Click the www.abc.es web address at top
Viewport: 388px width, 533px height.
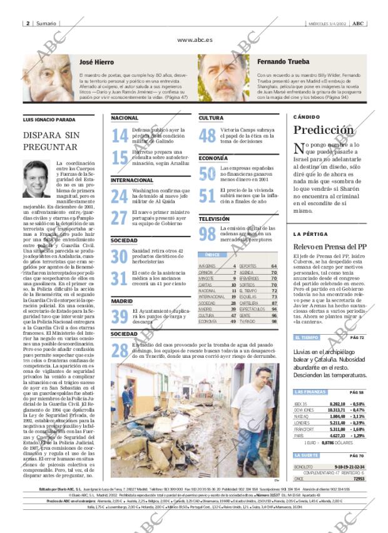(x=194, y=39)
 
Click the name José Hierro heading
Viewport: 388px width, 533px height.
(x=96, y=63)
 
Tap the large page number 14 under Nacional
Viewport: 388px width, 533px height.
(x=120, y=136)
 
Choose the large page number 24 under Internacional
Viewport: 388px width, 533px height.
(x=120, y=196)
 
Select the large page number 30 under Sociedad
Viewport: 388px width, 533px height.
(x=120, y=256)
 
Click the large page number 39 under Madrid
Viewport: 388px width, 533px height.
(x=120, y=317)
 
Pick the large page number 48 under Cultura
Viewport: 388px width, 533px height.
(x=207, y=136)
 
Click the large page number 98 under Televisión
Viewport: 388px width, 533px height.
(x=207, y=234)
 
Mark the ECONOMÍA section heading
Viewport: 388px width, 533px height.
(x=213, y=158)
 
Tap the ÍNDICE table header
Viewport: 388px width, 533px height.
(x=213, y=255)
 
